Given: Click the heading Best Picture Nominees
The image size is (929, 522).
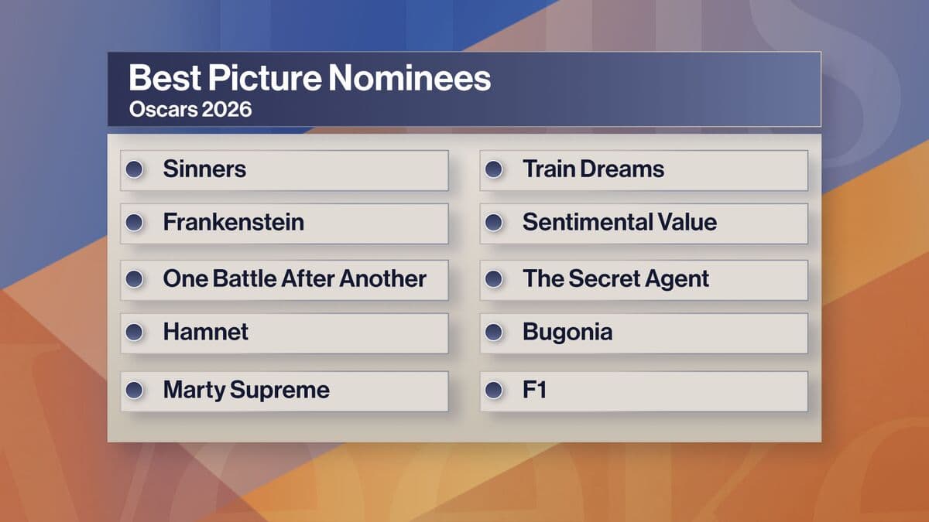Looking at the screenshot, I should point(310,79).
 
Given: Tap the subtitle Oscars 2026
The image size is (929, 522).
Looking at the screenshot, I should point(190,110).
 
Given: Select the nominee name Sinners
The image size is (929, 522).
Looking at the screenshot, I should point(204,169).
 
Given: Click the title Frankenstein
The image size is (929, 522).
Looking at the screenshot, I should point(233,223).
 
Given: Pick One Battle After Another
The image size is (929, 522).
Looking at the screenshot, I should point(294,279).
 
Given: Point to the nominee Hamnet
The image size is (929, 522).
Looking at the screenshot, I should point(205,333).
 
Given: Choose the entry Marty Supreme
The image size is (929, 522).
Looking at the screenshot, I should point(246,390).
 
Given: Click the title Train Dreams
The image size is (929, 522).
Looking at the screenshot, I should point(593,169).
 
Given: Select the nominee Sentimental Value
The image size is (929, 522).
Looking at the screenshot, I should point(619,223).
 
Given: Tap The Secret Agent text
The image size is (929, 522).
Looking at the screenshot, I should point(615,279).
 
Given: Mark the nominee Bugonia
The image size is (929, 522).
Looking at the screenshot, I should point(567,333).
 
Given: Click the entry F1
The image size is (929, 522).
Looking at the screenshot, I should point(534,390).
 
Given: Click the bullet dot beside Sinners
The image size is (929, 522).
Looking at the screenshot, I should point(135,169).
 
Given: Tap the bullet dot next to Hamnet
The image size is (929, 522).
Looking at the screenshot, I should point(135,333).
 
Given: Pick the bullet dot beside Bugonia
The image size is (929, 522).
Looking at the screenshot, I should point(494,333).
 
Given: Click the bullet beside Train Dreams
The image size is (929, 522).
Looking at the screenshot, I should point(494,169).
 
